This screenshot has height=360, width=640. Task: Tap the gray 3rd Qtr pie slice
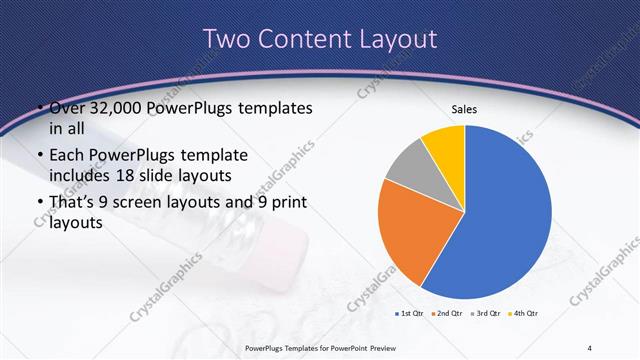click(409, 167)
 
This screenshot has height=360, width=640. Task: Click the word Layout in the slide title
click(400, 39)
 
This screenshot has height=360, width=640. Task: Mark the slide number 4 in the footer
click(590, 347)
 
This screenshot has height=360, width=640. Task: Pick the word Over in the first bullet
click(69, 108)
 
